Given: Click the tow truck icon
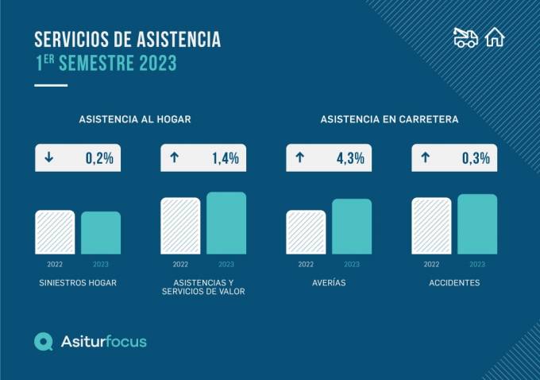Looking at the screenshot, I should (x=465, y=37).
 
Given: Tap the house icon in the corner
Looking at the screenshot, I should (x=495, y=37).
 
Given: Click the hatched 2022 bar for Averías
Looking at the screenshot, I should (x=306, y=232).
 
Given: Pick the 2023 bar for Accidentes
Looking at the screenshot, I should (x=477, y=224).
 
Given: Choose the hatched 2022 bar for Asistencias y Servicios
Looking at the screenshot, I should (x=180, y=226).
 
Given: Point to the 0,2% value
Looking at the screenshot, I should (x=99, y=157).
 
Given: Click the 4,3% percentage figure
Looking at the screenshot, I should (x=350, y=157).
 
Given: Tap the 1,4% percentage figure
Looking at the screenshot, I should (x=225, y=157).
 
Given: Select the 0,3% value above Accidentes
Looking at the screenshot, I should (x=476, y=157).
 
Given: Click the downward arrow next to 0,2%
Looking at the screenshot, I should (x=49, y=157).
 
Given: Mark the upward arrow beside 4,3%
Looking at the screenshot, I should (x=299, y=157).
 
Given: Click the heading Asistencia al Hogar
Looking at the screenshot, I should (x=135, y=119).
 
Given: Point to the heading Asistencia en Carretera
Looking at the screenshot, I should (x=389, y=119).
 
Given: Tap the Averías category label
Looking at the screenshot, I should (x=328, y=283).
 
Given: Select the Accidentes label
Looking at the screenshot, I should (x=453, y=283).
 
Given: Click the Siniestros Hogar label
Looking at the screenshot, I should (x=78, y=283).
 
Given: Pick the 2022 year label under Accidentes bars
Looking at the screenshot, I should (x=431, y=264).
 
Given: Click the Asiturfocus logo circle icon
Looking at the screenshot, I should (x=44, y=342).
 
